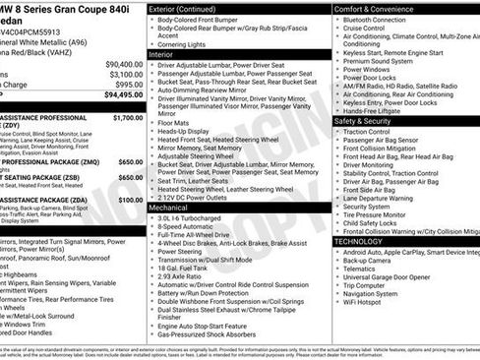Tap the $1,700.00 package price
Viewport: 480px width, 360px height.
(x=128, y=117)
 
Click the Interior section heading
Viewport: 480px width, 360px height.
(x=168, y=55)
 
